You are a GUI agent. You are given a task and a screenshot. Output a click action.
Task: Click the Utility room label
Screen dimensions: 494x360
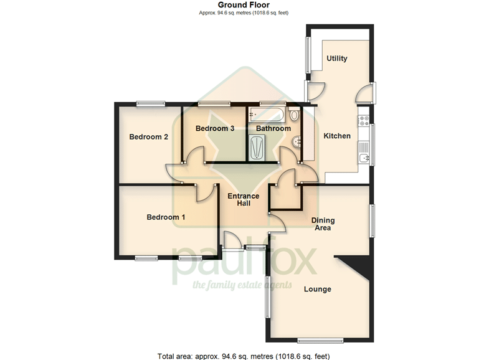(x=337, y=59)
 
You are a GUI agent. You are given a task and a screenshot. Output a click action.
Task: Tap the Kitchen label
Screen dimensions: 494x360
(x=337, y=136)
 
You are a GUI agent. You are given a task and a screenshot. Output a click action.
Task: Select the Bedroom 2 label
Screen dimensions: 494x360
(x=148, y=136)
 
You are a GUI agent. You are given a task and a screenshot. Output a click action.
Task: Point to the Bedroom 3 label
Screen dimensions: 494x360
(x=215, y=128)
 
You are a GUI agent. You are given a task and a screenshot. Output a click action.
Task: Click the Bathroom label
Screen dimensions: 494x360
(x=273, y=128)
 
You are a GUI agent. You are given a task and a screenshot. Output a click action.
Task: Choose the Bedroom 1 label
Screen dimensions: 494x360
(x=166, y=217)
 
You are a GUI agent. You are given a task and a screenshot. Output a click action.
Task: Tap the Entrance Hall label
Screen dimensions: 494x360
(x=244, y=200)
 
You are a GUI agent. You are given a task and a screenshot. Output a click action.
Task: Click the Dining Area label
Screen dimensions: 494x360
(x=323, y=224)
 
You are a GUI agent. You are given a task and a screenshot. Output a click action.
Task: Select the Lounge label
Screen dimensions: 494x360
(x=318, y=289)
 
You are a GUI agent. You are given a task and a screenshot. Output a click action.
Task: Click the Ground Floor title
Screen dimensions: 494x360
(x=244, y=5)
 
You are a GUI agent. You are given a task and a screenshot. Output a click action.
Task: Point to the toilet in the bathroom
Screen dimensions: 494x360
(x=295, y=115)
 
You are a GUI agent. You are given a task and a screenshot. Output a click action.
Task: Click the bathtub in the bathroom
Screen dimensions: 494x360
(x=267, y=115)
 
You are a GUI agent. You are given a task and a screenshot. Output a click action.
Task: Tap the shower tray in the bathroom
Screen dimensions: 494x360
(x=257, y=148)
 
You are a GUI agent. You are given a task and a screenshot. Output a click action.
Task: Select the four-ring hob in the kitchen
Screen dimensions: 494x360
(x=363, y=121)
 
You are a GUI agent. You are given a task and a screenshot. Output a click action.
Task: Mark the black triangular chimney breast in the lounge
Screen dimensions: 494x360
(x=355, y=266)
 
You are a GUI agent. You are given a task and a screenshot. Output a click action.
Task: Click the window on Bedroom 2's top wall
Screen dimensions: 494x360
(x=151, y=103)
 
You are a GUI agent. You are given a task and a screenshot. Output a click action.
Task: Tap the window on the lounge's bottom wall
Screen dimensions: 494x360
(x=320, y=340)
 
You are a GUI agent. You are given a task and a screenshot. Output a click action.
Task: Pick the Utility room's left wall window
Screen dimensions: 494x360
(x=308, y=55)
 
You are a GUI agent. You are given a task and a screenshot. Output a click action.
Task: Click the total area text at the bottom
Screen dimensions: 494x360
(x=244, y=356)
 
